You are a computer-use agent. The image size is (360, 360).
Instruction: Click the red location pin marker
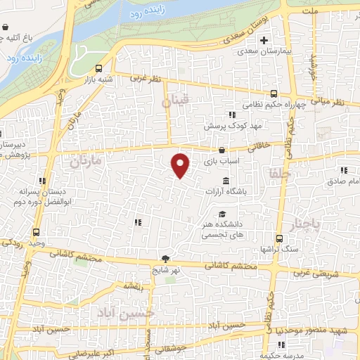click(x=181, y=165)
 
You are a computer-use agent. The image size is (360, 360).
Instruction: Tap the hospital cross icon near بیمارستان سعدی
click(x=263, y=39)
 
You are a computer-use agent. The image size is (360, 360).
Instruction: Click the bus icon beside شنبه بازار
click(x=98, y=69)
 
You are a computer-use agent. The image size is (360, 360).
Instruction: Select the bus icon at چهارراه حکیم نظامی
click(x=274, y=94)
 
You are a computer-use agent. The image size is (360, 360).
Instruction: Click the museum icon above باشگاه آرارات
click(x=224, y=181)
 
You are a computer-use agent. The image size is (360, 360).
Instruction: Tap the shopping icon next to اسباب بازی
click(x=222, y=150)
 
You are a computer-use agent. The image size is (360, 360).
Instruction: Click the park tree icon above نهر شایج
click(x=166, y=259)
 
